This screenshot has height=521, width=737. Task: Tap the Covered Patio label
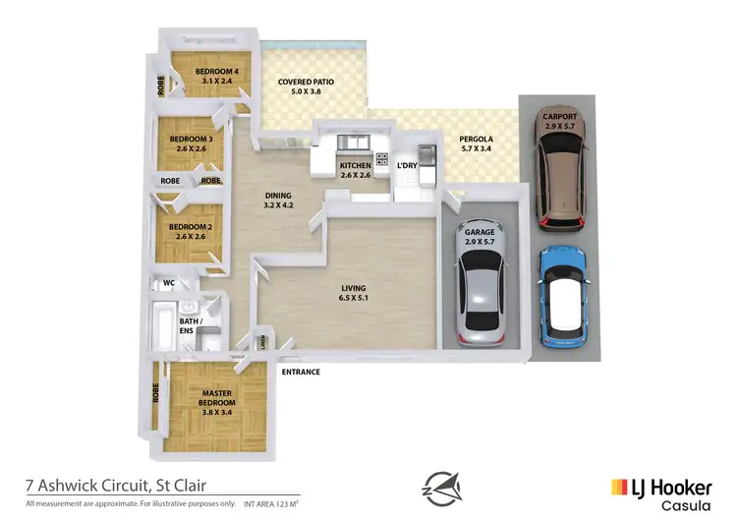pyautogui.click(x=308, y=83)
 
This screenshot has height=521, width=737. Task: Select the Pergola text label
pyautogui.click(x=477, y=140)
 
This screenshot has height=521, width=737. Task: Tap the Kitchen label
pyautogui.click(x=355, y=166)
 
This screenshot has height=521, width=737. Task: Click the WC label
pyautogui.click(x=168, y=283)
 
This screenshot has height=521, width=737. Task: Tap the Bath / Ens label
pyautogui.click(x=190, y=325)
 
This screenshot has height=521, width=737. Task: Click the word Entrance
pyautogui.click(x=302, y=373)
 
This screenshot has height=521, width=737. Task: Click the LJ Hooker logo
pyautogui.click(x=660, y=491)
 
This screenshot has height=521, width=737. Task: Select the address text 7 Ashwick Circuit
pyautogui.click(x=116, y=485)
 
